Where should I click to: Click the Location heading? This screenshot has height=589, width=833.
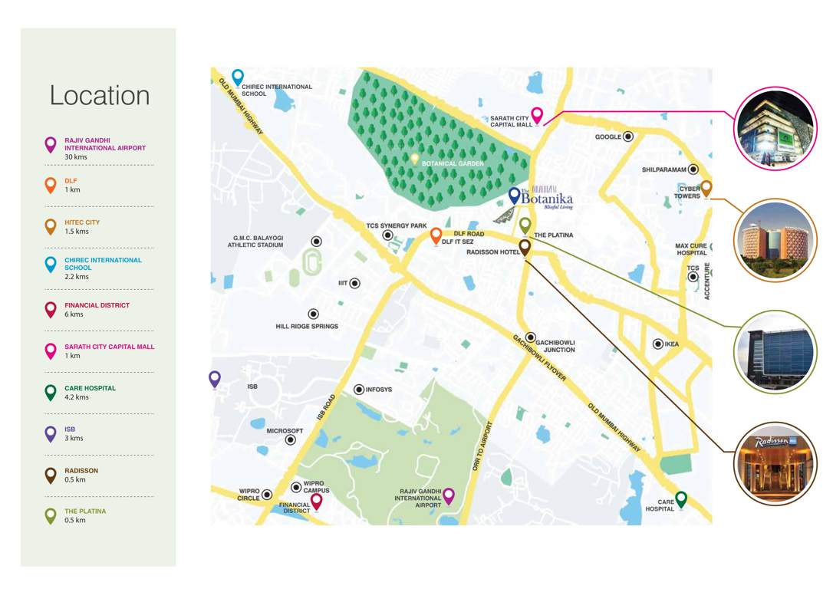(100, 95)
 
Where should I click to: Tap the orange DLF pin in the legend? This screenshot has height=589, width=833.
(51, 185)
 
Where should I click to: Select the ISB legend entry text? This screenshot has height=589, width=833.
(70, 429)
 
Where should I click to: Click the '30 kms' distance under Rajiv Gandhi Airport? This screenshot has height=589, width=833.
(75, 156)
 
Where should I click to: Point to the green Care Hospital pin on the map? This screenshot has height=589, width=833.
(680, 499)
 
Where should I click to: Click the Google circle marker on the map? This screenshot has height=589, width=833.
(628, 137)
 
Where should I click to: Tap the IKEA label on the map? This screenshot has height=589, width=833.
(672, 344)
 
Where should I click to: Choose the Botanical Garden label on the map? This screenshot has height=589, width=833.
(453, 163)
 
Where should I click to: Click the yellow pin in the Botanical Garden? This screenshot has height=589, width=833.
(415, 159)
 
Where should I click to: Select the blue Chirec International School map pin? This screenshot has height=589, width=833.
(238, 77)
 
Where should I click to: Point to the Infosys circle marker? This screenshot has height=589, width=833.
(359, 390)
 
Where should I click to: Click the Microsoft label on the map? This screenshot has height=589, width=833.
(285, 431)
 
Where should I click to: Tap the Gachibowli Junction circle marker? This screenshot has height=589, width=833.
(530, 337)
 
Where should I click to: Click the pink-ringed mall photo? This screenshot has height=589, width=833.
(775, 128)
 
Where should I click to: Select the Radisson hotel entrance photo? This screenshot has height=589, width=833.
(775, 463)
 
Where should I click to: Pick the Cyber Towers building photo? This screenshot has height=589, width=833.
(775, 241)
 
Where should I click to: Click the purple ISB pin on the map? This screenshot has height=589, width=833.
(215, 378)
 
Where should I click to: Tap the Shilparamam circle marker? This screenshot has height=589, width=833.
(693, 169)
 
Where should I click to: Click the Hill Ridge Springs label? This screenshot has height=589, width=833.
(307, 327)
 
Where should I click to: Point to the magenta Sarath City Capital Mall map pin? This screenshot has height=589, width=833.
(537, 115)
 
